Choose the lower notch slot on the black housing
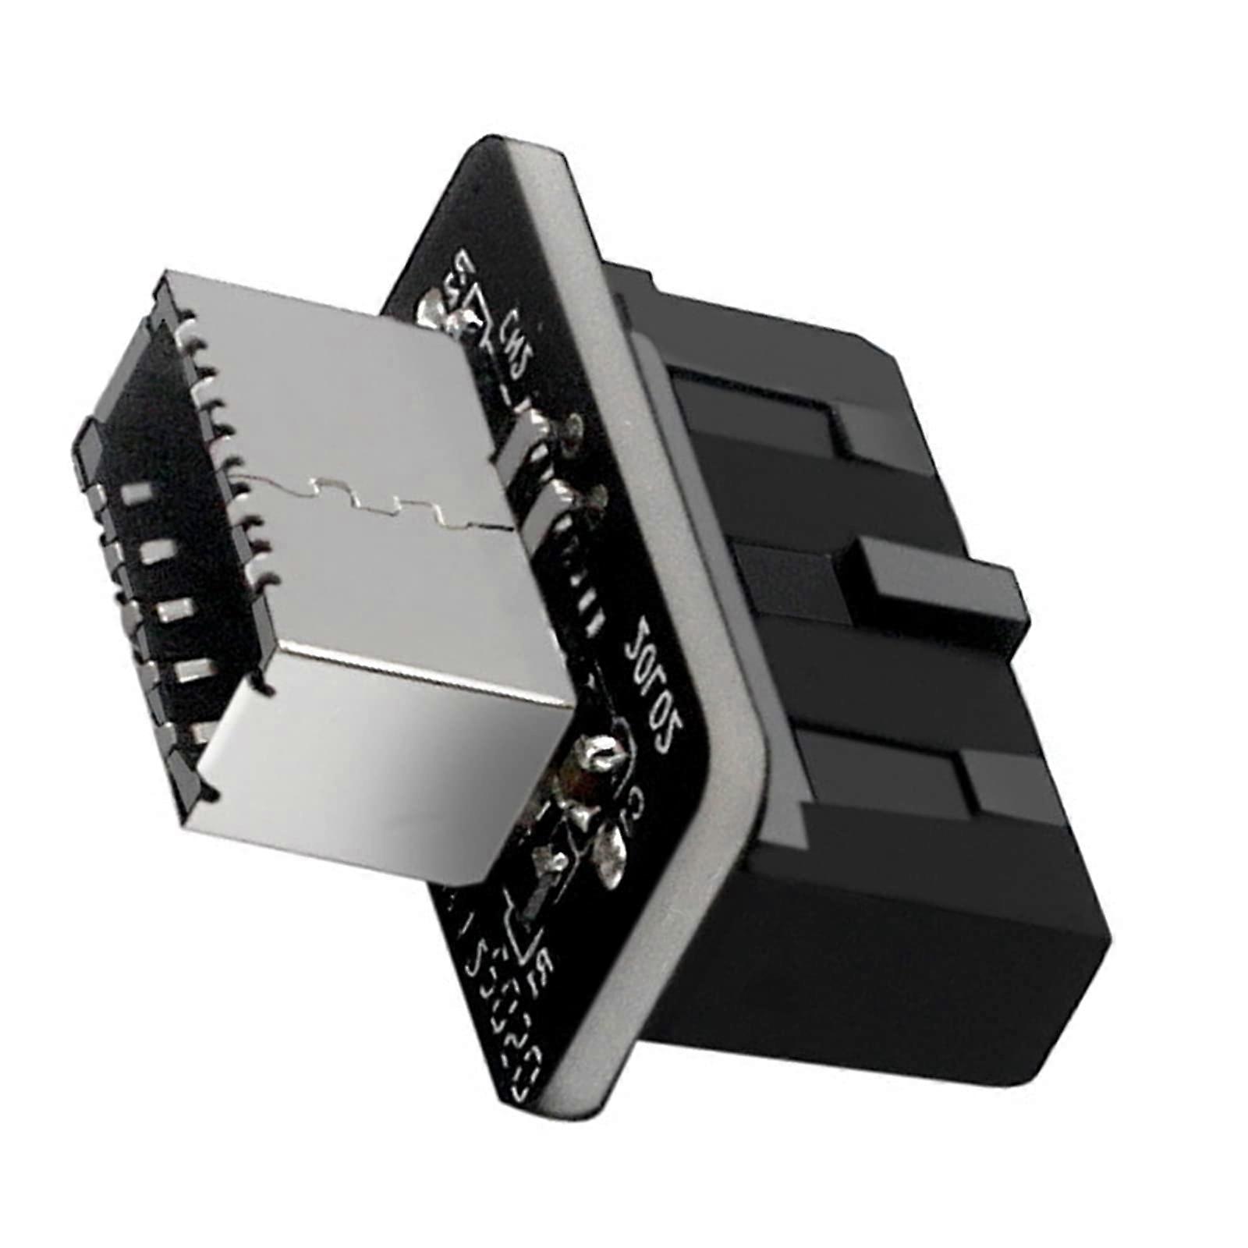pos(967,788)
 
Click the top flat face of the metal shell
pos(351,406)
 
